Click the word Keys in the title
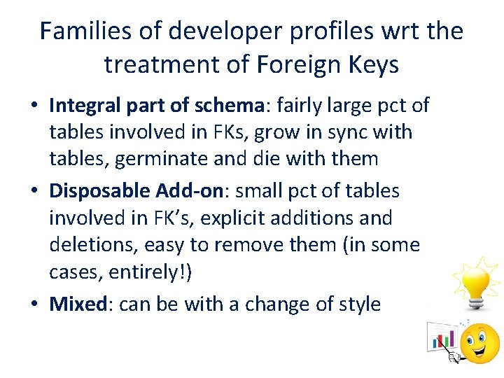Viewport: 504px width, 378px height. pyautogui.click(x=374, y=65)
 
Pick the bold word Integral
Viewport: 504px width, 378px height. pyautogui.click(x=87, y=106)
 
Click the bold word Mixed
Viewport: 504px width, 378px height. pyautogui.click(x=77, y=304)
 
